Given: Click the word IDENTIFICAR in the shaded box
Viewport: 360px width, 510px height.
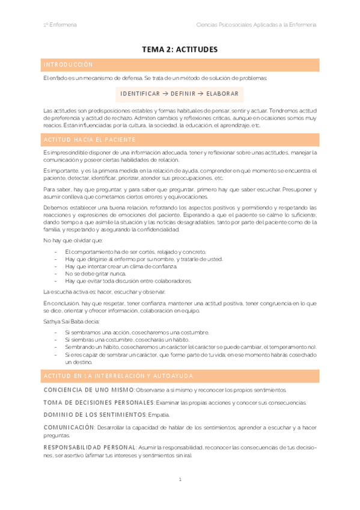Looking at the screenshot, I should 140,94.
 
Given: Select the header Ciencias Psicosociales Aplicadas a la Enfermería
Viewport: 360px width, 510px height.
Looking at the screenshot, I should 257,25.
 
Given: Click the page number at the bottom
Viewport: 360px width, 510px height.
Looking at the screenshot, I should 180,479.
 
